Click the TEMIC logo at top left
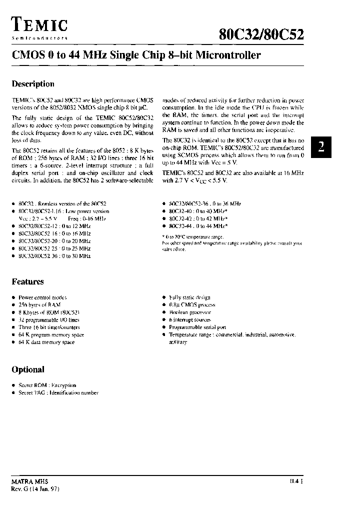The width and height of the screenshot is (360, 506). tap(39, 25)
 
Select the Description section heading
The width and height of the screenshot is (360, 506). tap(33, 84)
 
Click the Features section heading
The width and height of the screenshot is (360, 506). tap(28, 281)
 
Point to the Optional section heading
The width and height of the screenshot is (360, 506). tap(28, 369)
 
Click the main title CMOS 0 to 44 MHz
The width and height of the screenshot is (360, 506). tap(136, 55)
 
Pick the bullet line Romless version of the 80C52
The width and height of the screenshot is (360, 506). tap(62, 204)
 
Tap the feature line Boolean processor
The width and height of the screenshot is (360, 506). tap(190, 312)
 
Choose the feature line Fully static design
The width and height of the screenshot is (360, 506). tap(190, 297)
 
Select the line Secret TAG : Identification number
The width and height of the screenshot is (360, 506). tap(58, 393)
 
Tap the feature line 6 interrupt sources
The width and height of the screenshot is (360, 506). tap(190, 319)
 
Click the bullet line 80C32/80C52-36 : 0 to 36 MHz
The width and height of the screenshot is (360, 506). tap(205, 204)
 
